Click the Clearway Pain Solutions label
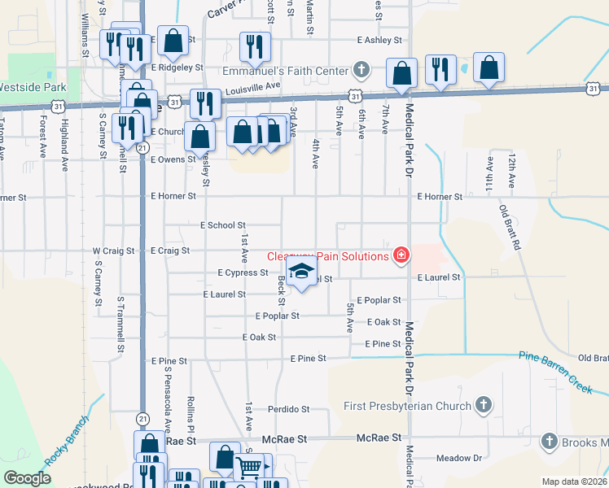[x=328, y=257]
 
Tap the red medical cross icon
[x=400, y=256]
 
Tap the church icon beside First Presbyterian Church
[x=484, y=405]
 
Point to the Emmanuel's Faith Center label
[x=285, y=72]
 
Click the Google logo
[x=28, y=478]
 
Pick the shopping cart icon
[x=251, y=467]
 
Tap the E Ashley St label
[x=379, y=40]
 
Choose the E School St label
[x=222, y=225]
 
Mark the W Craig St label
[x=113, y=251]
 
